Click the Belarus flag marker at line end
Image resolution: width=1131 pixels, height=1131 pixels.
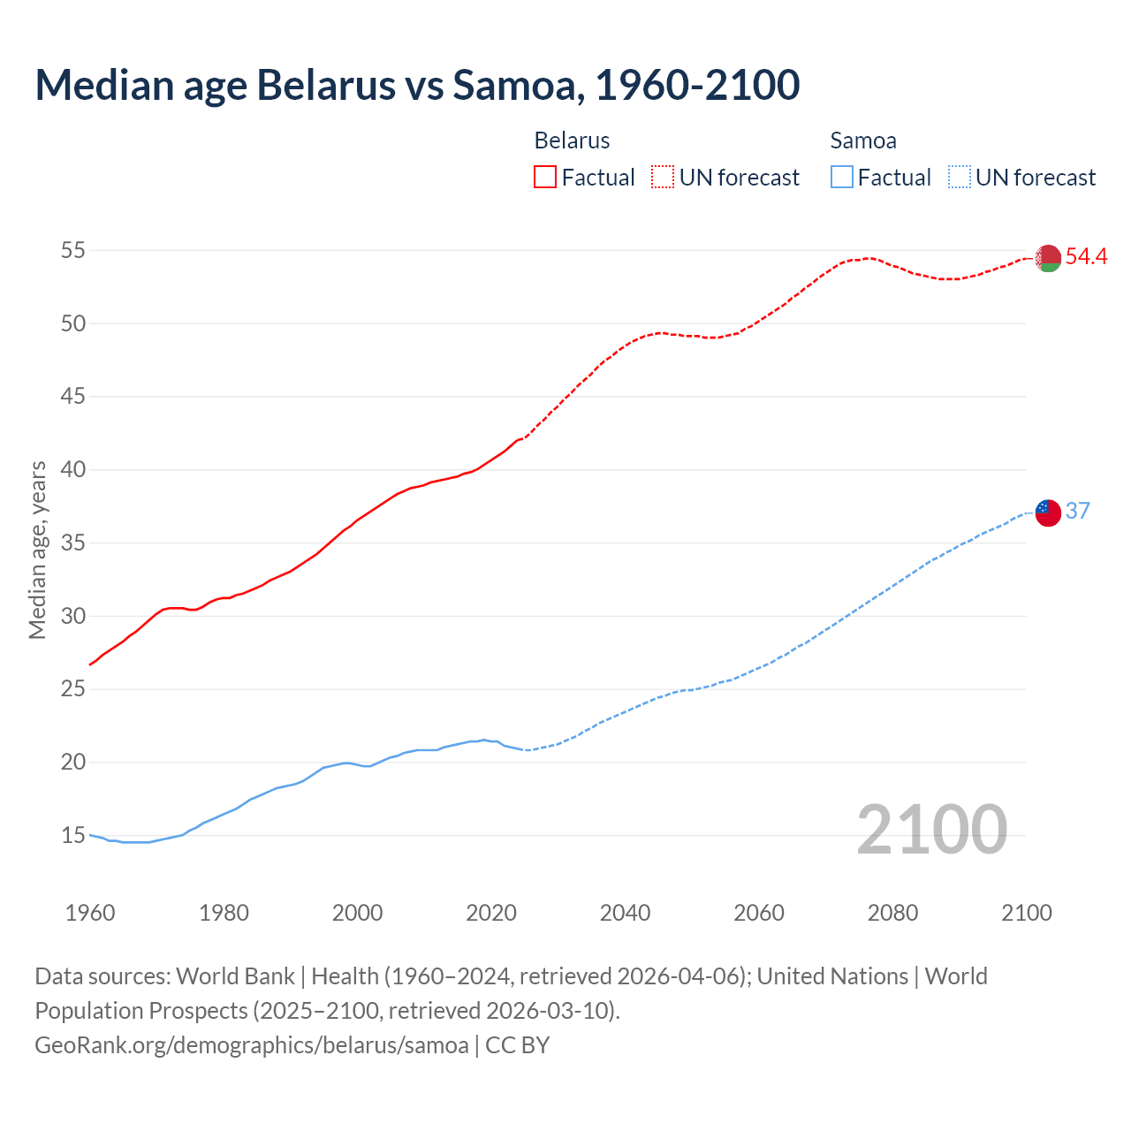pos(1048,258)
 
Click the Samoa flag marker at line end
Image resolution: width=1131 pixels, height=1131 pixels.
pos(1048,512)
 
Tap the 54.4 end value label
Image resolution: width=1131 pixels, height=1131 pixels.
pos(1086,257)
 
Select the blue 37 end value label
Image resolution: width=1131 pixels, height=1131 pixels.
pos(1078,512)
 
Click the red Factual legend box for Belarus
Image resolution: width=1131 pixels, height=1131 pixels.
pos(545,177)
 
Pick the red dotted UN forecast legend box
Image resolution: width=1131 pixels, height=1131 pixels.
pos(663,177)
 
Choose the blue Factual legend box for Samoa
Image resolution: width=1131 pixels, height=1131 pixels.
pos(842,177)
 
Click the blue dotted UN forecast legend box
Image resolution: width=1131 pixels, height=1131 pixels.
pos(960,177)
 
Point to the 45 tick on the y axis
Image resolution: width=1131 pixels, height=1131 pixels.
pos(73,397)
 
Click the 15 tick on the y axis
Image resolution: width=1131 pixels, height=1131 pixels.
pos(73,835)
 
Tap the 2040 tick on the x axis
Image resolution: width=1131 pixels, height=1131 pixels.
pos(625,913)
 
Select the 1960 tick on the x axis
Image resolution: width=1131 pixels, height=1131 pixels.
pos(90,913)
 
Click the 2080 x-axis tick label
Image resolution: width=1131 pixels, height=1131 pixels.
pos(892,913)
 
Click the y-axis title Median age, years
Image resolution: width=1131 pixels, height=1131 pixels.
pos(37,550)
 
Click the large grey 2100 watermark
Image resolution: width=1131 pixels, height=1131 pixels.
pos(931,830)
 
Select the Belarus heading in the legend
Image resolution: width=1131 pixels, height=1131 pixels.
pos(572,140)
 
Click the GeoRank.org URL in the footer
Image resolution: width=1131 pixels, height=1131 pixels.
pos(252,1045)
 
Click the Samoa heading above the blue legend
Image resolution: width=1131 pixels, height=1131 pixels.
pos(863,140)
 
